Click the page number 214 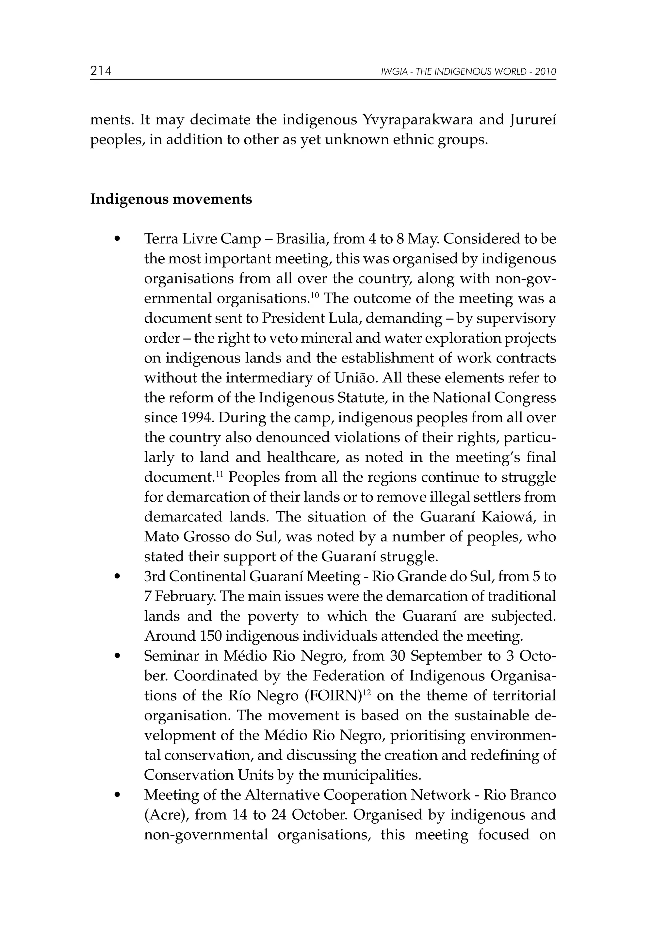point(101,71)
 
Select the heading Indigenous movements point(171,200)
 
